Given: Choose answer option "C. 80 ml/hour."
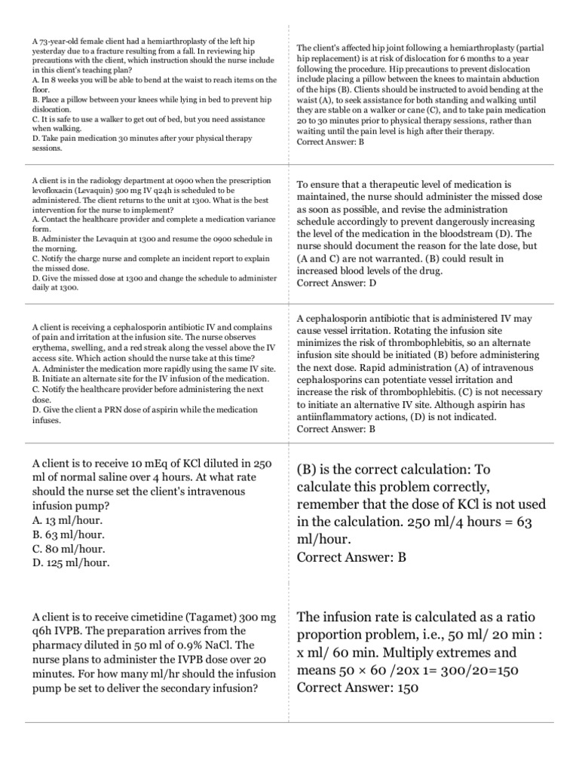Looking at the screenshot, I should [68, 548].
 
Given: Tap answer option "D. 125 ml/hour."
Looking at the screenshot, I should [72, 562].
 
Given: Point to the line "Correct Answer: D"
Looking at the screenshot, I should [337, 283].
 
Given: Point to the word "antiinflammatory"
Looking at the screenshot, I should [339, 416].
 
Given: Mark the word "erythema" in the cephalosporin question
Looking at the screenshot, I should [52, 349].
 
